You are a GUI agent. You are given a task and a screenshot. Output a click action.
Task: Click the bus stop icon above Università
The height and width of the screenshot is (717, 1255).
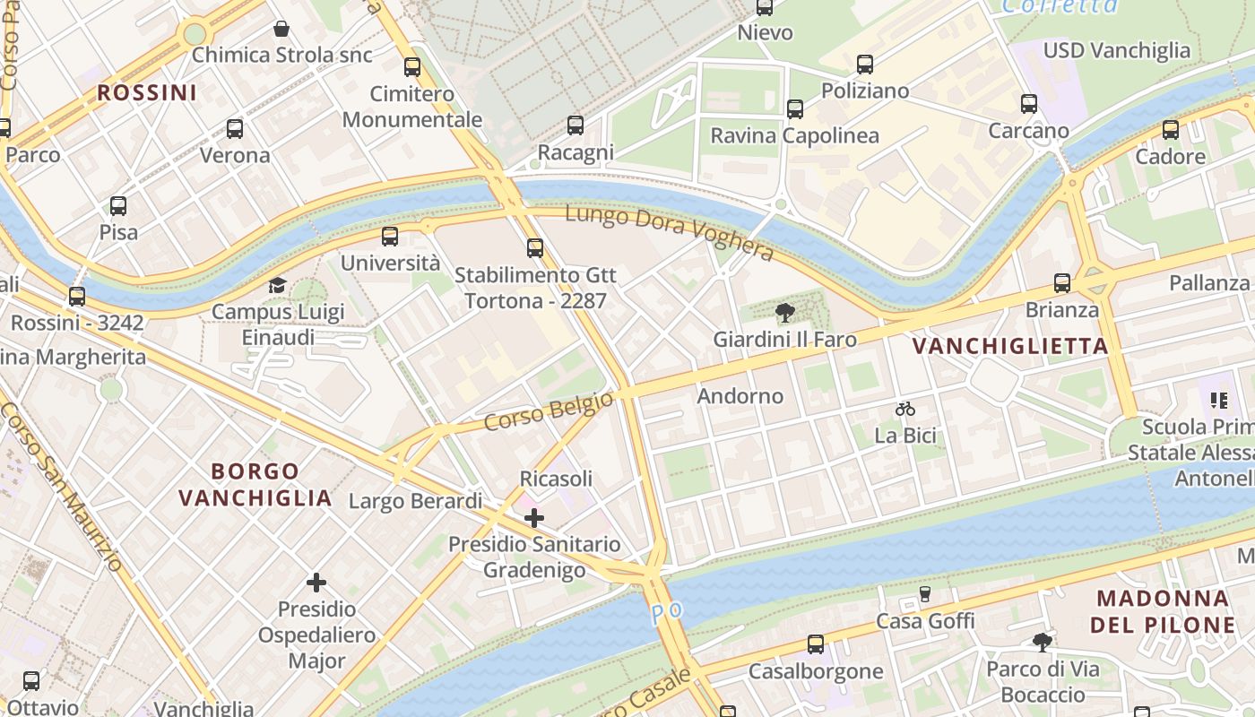(389, 237)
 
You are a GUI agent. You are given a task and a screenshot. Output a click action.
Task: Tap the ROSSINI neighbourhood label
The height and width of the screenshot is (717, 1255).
(147, 92)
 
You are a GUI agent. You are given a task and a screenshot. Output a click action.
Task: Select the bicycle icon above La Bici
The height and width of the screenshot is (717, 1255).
(905, 410)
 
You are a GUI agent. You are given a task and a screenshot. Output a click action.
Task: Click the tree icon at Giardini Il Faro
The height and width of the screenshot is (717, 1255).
(785, 313)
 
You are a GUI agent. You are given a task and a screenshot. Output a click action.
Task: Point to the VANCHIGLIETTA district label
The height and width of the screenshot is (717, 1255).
(1010, 346)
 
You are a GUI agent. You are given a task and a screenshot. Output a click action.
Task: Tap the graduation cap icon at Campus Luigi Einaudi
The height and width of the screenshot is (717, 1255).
(278, 286)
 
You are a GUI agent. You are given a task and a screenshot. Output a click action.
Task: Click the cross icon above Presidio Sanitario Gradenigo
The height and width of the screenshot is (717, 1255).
(534, 517)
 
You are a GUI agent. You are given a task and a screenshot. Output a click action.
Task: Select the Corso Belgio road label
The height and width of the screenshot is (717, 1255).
(549, 410)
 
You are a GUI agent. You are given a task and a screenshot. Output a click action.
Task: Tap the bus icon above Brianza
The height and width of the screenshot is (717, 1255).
(1062, 283)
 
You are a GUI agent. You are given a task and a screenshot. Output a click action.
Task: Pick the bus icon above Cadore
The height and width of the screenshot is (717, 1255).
(1170, 130)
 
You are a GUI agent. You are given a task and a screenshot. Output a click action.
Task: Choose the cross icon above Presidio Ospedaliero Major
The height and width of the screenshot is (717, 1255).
(316, 583)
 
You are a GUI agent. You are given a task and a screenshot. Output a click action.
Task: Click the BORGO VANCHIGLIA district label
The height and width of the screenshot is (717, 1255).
(255, 484)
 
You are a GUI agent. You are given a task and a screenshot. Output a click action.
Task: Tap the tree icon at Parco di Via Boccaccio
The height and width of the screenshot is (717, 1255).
(1042, 642)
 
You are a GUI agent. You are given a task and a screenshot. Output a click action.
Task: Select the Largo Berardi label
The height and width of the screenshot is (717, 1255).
(415, 501)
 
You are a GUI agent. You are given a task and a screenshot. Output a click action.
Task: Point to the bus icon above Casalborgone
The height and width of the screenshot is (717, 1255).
(816, 644)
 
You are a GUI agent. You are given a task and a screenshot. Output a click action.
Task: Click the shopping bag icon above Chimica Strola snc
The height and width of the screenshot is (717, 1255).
(281, 29)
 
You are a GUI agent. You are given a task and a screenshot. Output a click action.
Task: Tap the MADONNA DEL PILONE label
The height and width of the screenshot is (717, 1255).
(1163, 611)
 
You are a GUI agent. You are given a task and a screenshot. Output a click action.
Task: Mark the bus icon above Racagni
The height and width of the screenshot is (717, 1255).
(576, 125)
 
